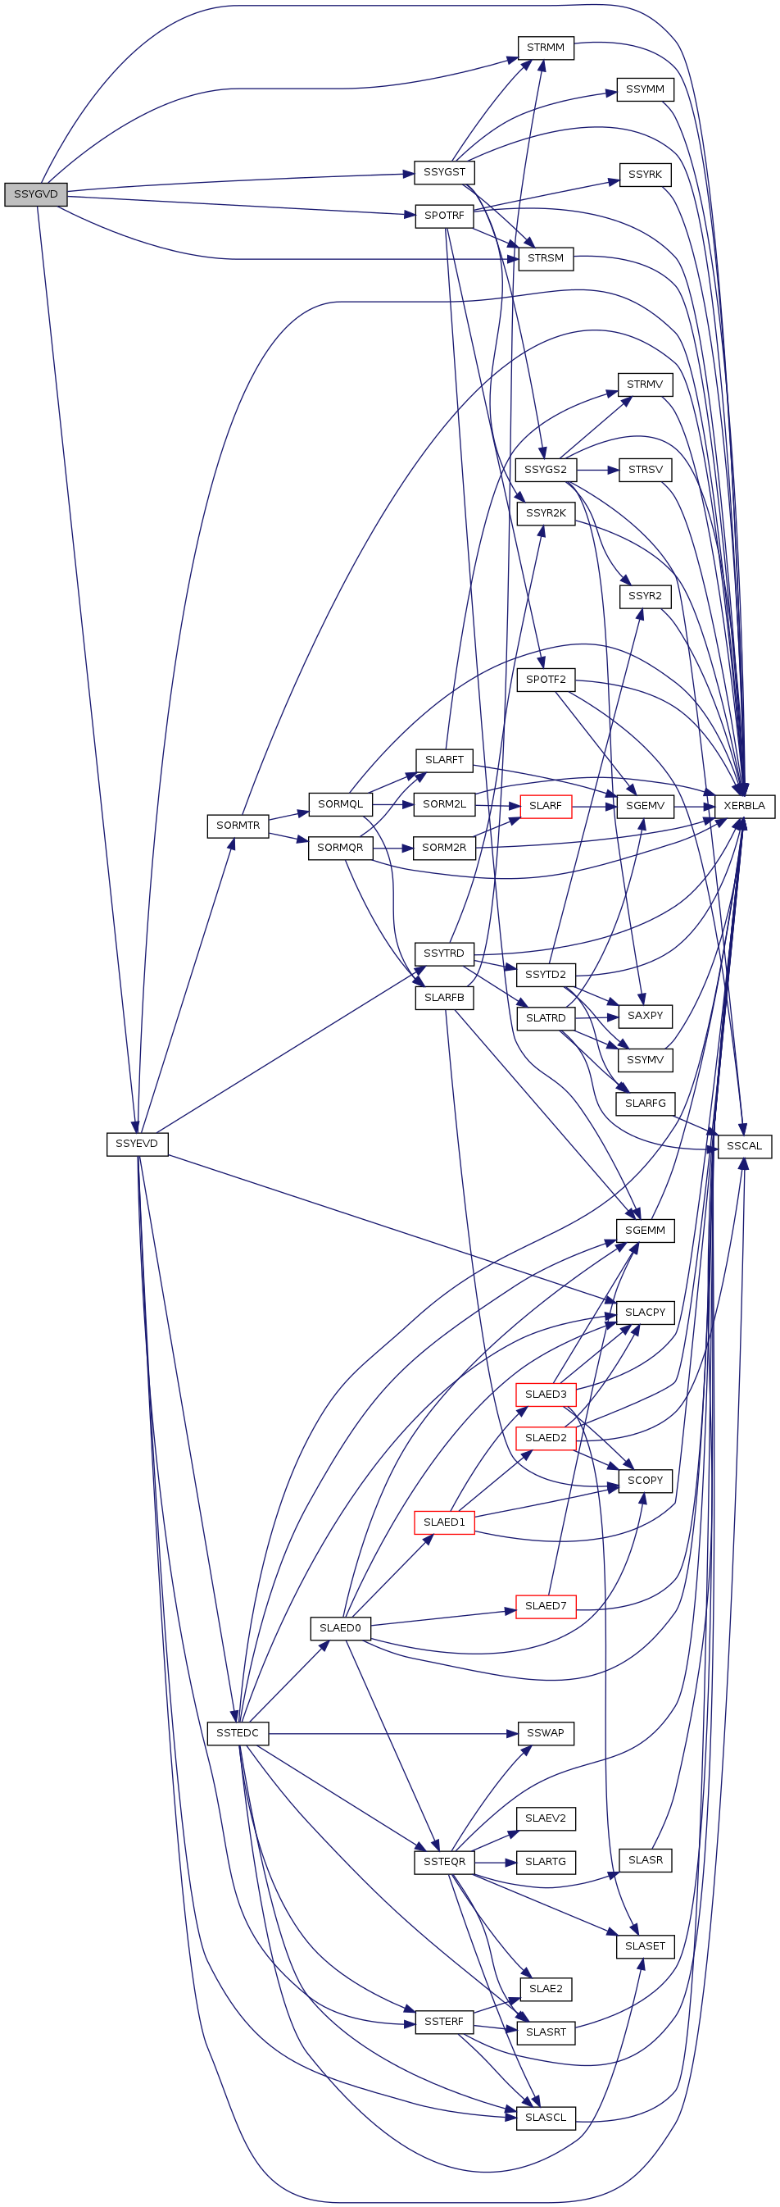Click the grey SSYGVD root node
pyautogui.click(x=36, y=194)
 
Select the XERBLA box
pyautogui.click(x=744, y=806)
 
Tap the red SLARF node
pyautogui.click(x=546, y=806)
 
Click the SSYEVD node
pyautogui.click(x=137, y=1144)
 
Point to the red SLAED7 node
pyautogui.click(x=546, y=1605)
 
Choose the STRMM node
pyautogui.click(x=546, y=48)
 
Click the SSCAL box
pyautogui.click(x=744, y=1146)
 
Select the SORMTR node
pyautogui.click(x=238, y=826)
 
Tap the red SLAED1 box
pyautogui.click(x=444, y=1522)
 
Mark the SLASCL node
pyautogui.click(x=546, y=2118)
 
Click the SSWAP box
pyautogui.click(x=546, y=1733)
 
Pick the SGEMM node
pyautogui.click(x=645, y=1231)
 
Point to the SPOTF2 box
pyautogui.click(x=546, y=680)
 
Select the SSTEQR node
pyautogui.click(x=444, y=1863)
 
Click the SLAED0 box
pyautogui.click(x=340, y=1628)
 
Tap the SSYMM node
pyautogui.click(x=645, y=90)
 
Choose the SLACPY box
pyautogui.click(x=645, y=1313)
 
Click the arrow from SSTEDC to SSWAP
pyautogui.click(x=394, y=1733)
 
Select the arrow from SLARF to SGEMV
pyautogui.click(x=594, y=806)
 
